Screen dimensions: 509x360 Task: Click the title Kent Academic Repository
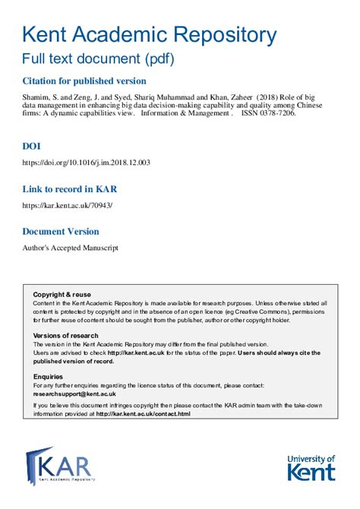point(149,34)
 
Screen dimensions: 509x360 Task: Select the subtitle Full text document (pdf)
point(98,58)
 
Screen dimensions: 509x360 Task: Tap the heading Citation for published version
point(84,81)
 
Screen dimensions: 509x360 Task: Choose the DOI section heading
point(33,145)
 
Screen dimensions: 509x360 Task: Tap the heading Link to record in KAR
point(70,189)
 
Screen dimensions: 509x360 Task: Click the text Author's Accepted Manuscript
point(71,248)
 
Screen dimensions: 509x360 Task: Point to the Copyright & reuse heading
point(62,295)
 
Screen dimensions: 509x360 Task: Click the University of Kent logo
point(311,466)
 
